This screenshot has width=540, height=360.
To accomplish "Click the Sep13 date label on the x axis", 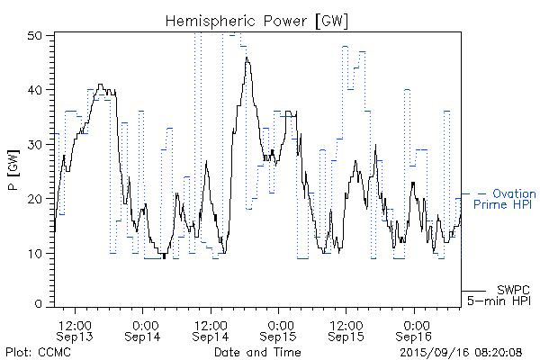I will point(74,337).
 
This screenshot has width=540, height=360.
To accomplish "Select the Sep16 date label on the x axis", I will point(414,337).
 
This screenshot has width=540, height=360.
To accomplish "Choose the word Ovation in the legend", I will point(514,193).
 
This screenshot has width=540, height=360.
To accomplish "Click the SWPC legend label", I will point(512,289).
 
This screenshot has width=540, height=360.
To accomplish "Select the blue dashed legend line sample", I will point(474,193).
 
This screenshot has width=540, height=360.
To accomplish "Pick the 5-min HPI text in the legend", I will point(500,300).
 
